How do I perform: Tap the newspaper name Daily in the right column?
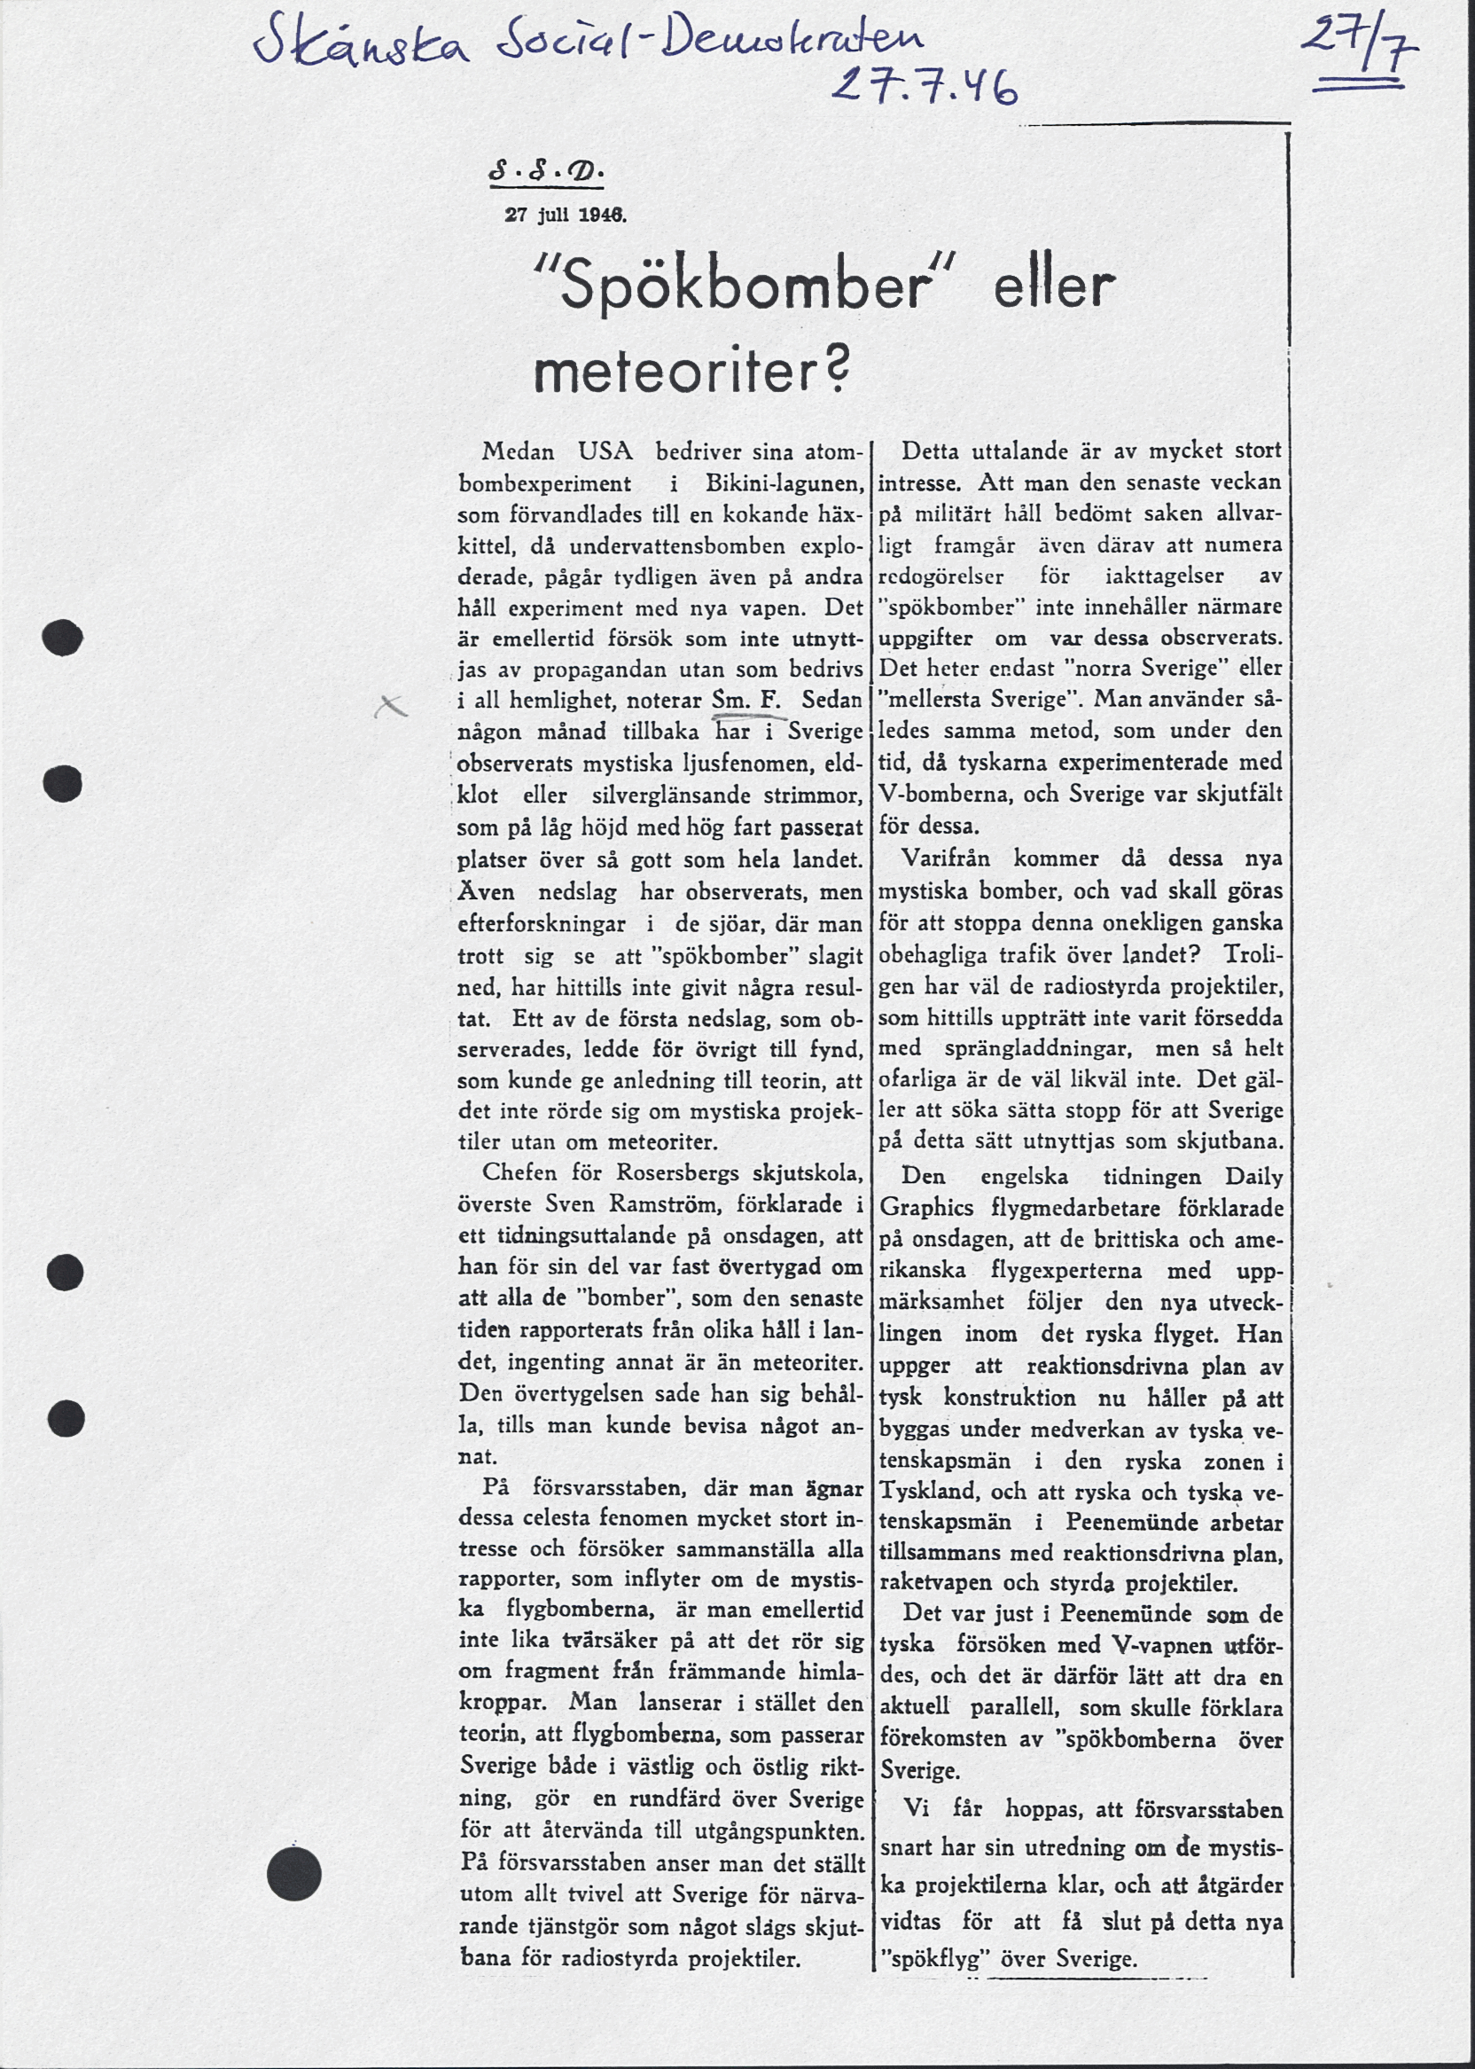click(x=1253, y=1177)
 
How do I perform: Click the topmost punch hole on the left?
click(x=63, y=637)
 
